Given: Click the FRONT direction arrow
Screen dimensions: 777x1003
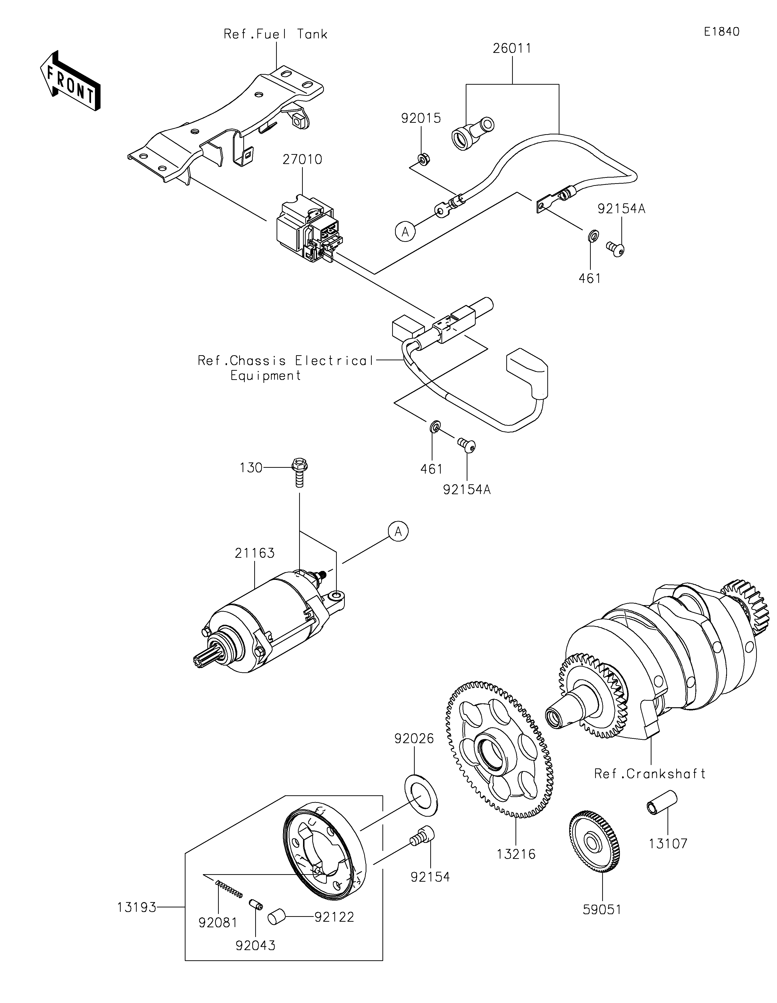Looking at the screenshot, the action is [70, 80].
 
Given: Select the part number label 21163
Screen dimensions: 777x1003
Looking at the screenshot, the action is [254, 553].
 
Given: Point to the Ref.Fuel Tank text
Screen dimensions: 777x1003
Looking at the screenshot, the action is [276, 34].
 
